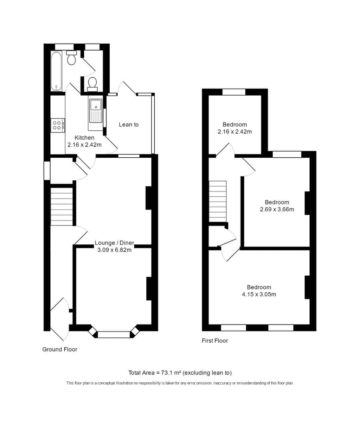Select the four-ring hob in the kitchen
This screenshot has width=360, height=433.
click(58, 125)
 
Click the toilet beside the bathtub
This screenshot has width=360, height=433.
click(71, 58)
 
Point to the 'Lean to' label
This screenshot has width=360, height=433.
click(129, 125)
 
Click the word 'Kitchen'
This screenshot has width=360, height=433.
click(84, 138)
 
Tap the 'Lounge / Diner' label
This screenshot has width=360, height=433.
click(114, 243)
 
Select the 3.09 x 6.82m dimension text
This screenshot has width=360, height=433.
click(114, 250)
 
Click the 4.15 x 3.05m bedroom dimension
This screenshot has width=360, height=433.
click(259, 295)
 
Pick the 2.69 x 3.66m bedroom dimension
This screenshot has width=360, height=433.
click(277, 209)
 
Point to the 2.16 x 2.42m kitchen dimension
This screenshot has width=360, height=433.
click(84, 145)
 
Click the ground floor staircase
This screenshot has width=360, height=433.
click(62, 206)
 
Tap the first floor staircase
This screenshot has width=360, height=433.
click(218, 201)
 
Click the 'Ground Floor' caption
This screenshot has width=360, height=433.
click(60, 349)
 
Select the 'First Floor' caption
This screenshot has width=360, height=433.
click(215, 341)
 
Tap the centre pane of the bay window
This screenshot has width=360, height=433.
click(114, 335)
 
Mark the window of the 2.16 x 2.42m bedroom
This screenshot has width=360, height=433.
click(234, 92)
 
